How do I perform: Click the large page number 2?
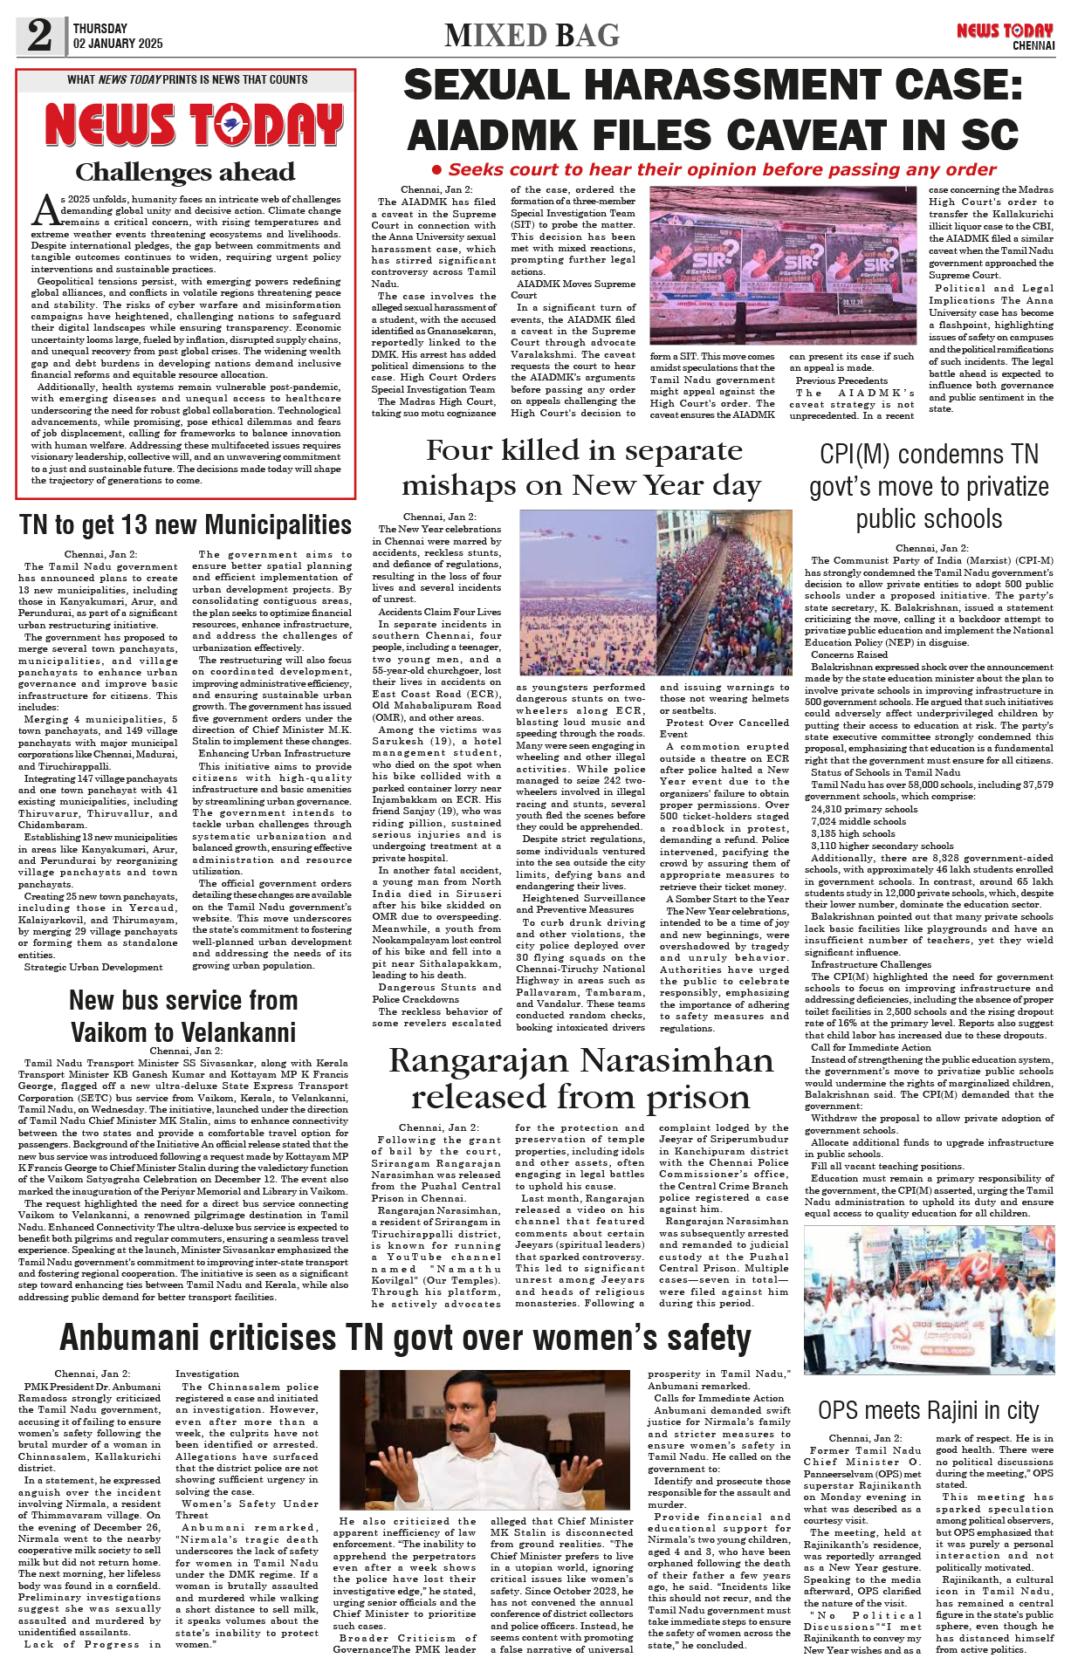(x=39, y=35)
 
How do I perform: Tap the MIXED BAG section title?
(x=532, y=36)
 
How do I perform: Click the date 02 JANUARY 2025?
(x=118, y=44)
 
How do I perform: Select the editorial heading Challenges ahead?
(x=185, y=172)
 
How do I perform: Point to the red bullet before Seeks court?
(x=438, y=170)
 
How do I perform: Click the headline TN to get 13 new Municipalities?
(x=185, y=525)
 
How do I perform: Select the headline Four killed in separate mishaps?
(x=580, y=468)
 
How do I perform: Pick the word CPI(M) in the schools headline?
(x=856, y=455)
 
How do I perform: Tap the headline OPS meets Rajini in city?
(x=928, y=1411)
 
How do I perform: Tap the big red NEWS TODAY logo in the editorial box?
(x=194, y=125)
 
